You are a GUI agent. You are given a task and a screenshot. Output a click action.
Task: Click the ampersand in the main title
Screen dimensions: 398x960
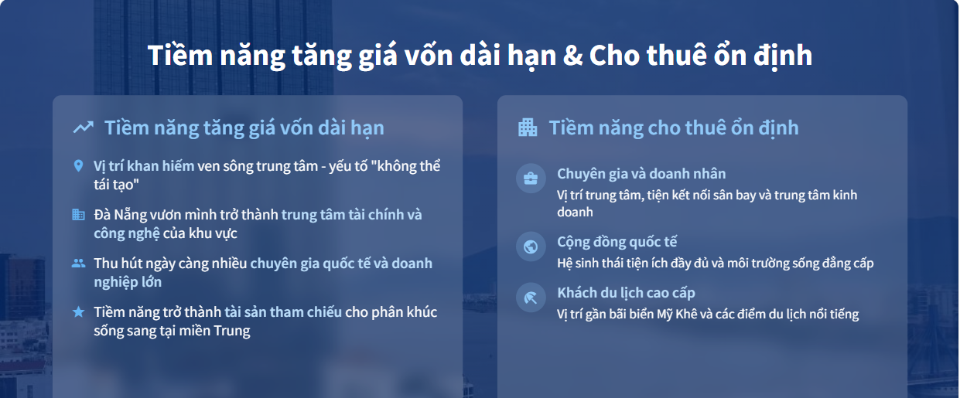[x=572, y=56]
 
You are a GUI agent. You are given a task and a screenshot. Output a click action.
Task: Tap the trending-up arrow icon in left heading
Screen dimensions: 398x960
[x=83, y=128]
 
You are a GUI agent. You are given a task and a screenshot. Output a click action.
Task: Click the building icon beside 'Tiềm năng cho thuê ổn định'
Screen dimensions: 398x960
[x=528, y=128]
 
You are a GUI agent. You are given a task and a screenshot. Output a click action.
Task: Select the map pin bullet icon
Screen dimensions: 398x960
[x=78, y=166]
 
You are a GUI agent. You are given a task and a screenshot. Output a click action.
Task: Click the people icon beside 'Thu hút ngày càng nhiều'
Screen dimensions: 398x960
[x=78, y=264]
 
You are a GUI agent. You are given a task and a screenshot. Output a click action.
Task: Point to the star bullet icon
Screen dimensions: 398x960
[x=78, y=312]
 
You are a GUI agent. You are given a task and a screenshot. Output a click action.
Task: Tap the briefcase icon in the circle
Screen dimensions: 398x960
[x=531, y=179]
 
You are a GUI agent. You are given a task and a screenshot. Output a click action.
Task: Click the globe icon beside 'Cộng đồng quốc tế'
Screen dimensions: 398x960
[x=531, y=247]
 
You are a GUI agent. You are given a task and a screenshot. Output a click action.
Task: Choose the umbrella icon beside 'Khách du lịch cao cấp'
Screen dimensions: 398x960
[x=531, y=298]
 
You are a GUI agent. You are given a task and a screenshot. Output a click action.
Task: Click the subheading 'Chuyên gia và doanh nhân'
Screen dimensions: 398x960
[x=641, y=174]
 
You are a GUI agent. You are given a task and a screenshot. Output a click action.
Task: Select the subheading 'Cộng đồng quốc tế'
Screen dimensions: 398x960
[x=617, y=242]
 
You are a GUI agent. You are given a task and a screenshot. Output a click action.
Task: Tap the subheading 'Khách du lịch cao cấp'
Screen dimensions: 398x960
[x=626, y=293]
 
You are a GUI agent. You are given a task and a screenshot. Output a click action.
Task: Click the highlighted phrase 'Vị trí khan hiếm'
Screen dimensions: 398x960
[x=144, y=166]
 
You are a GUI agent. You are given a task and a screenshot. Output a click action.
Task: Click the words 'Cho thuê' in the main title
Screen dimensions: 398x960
[x=643, y=56]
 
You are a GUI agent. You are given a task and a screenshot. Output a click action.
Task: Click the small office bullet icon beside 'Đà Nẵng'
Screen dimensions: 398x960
[x=78, y=215]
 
